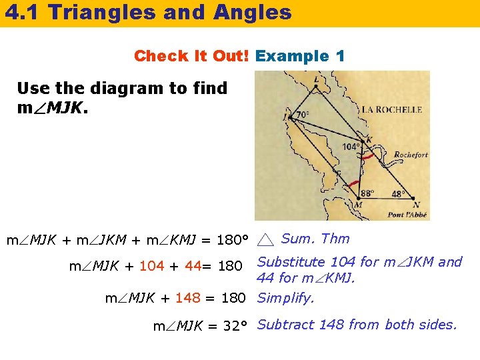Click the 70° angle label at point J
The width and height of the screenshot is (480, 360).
(303, 115)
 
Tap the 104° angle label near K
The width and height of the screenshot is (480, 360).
(351, 147)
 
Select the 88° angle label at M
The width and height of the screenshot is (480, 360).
(367, 193)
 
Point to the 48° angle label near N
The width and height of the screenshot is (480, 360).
(398, 194)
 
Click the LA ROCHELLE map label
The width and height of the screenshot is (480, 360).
(391, 109)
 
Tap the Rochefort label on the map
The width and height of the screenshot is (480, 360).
(411, 155)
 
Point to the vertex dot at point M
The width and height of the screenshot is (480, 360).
(359, 199)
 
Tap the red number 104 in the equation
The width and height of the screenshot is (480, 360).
(151, 267)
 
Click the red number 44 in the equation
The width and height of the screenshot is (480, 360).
(193, 267)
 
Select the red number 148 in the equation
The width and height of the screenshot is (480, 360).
(188, 298)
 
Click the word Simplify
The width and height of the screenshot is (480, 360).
(285, 298)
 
